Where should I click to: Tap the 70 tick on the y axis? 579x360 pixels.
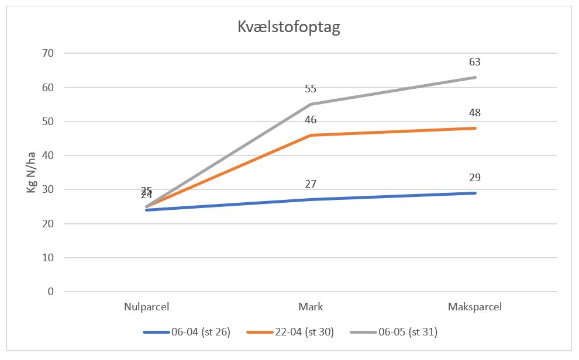tap(48, 54)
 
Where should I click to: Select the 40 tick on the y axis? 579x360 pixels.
tap(48, 155)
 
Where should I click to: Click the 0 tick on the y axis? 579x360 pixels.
tap(50, 292)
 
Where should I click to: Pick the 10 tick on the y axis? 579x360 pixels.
tap(48, 258)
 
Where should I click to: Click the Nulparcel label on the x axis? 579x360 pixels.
tap(147, 307)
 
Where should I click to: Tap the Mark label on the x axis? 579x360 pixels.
tap(311, 307)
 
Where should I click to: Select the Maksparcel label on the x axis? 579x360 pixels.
tap(475, 307)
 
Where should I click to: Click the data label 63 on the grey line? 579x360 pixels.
tap(474, 62)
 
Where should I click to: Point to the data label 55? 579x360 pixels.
tap(311, 89)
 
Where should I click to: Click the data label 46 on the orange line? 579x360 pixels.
tap(311, 120)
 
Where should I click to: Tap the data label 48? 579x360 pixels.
tap(474, 113)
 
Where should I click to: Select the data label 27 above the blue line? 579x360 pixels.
tap(311, 184)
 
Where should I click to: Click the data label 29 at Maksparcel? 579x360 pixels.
tap(474, 178)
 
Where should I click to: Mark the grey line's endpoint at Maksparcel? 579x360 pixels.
tap(475, 77)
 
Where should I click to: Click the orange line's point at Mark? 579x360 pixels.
tap(311, 135)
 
